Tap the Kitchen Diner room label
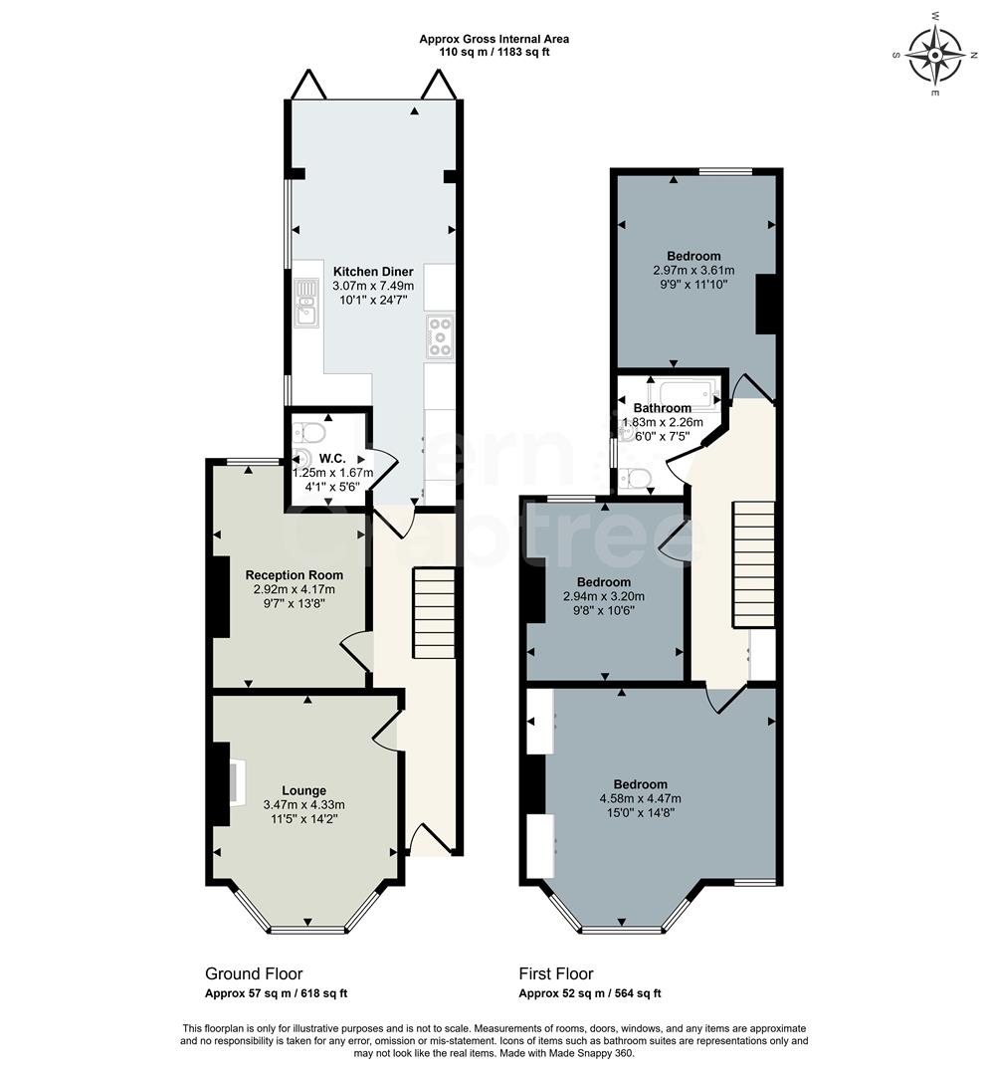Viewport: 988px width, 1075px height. (x=373, y=271)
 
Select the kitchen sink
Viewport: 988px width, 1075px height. (x=305, y=304)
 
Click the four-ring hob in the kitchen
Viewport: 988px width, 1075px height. (x=439, y=335)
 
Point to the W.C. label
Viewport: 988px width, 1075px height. (x=331, y=459)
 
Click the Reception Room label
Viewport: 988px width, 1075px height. (x=294, y=574)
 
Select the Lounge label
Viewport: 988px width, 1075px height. (x=303, y=791)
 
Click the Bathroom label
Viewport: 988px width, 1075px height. (x=663, y=408)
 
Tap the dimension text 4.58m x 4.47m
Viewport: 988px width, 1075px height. (x=640, y=798)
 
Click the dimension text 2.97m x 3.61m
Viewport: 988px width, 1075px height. (x=693, y=270)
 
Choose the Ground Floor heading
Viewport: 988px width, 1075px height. (x=254, y=973)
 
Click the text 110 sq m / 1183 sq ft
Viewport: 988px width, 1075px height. (x=494, y=52)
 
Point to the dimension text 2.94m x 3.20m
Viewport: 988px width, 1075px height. (x=603, y=596)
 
